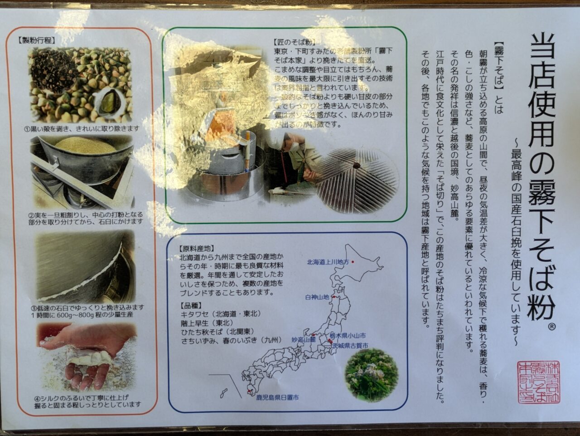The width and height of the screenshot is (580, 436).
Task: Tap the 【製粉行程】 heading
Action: point(37,40)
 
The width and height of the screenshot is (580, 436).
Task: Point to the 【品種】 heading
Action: point(191,305)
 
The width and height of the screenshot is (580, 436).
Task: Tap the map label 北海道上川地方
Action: point(328,262)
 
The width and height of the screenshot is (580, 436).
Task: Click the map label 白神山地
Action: point(317,297)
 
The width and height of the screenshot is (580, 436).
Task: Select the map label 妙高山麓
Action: point(304,339)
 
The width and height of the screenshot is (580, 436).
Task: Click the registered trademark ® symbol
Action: point(552,326)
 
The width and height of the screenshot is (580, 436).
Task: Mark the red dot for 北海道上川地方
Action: point(353,262)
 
